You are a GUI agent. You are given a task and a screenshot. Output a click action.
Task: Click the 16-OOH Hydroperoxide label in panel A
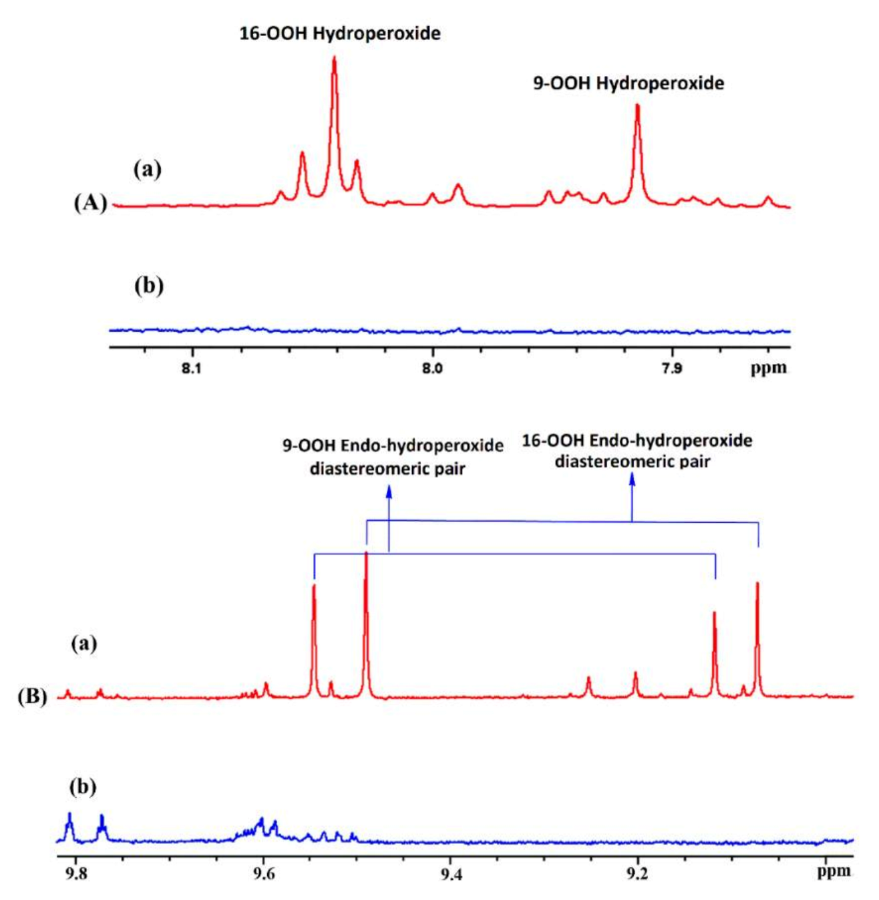pos(340,33)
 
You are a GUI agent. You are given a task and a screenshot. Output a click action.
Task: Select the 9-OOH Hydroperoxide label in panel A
pos(629,83)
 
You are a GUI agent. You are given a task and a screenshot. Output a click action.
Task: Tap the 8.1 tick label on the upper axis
pos(192,368)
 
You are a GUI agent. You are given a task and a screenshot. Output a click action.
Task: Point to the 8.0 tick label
pos(433,368)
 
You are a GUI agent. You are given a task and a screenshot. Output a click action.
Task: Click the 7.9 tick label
pos(673,368)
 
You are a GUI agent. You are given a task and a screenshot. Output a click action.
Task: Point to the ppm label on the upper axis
pos(768,368)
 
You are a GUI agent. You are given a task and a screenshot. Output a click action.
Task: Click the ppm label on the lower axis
pos(834,871)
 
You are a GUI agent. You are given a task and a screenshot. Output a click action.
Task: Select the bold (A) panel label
pos(90,203)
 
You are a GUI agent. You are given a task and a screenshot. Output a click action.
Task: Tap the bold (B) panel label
pos(32,697)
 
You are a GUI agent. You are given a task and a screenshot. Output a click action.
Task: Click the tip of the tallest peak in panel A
pos(334,58)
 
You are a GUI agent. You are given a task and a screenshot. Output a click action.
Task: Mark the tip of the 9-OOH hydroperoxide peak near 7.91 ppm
pos(637,105)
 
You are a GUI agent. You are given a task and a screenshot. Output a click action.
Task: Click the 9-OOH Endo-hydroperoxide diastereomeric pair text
pos(392,457)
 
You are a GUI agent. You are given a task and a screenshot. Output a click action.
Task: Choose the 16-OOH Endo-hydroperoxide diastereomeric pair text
pos(637,451)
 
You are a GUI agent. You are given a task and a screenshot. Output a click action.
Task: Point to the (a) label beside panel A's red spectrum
pos(147,170)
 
